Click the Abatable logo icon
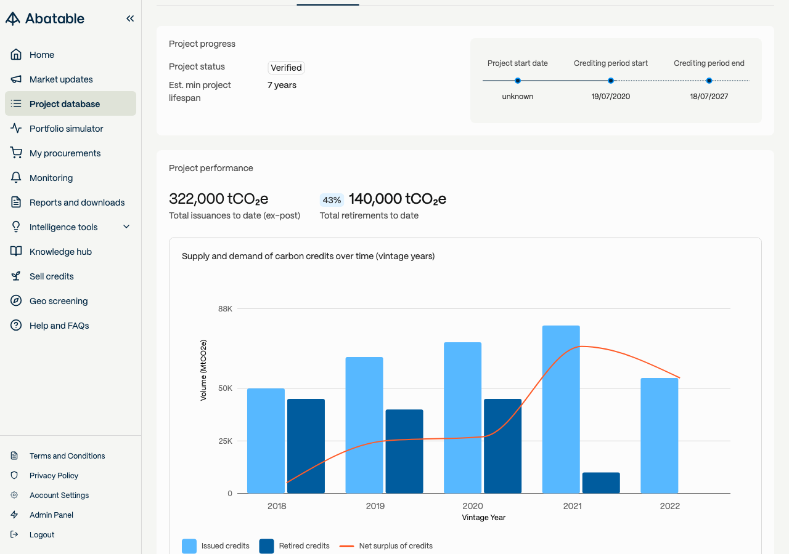pyautogui.click(x=13, y=18)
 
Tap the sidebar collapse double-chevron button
pyautogui.click(x=130, y=18)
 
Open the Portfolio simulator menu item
pyautogui.click(x=66, y=129)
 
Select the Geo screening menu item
pyautogui.click(x=59, y=301)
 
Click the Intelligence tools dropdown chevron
pyautogui.click(x=126, y=227)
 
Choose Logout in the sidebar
pyautogui.click(x=41, y=534)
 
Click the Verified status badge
pyautogui.click(x=286, y=68)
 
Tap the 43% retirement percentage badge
pyautogui.click(x=332, y=200)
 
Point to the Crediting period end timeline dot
pyautogui.click(x=709, y=81)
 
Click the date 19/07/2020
pyautogui.click(x=610, y=97)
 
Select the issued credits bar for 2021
pyautogui.click(x=561, y=409)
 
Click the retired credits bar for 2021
pyautogui.click(x=601, y=483)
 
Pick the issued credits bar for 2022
pyautogui.click(x=659, y=435)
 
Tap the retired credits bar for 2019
pyautogui.click(x=404, y=451)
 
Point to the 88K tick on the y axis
pyautogui.click(x=225, y=309)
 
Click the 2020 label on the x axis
pyautogui.click(x=472, y=506)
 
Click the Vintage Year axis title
pyautogui.click(x=483, y=517)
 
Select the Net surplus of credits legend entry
pyautogui.click(x=386, y=545)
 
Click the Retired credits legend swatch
pyautogui.click(x=266, y=546)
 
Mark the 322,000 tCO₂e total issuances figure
pyautogui.click(x=218, y=199)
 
